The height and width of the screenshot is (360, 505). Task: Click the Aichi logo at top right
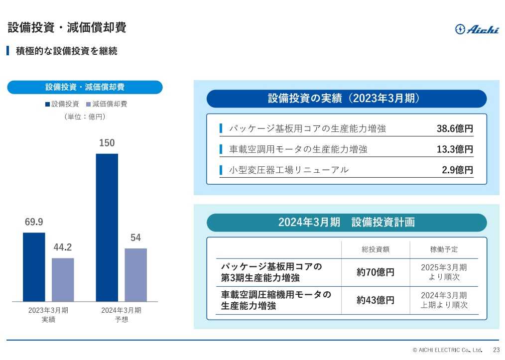[x=477, y=29]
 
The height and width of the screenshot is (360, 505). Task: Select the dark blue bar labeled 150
[x=107, y=227]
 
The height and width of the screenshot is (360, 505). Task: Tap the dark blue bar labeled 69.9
[x=34, y=267]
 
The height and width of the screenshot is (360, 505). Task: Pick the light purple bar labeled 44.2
[x=63, y=279]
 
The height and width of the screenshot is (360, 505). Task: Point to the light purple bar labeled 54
[x=136, y=275]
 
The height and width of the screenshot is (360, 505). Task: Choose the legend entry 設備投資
[x=62, y=104]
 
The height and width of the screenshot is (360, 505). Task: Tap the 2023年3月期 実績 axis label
[x=48, y=315]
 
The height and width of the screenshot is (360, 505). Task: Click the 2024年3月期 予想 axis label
[x=121, y=315]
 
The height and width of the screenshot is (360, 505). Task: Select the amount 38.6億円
[x=455, y=128]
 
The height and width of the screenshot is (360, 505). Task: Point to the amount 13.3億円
[x=455, y=149]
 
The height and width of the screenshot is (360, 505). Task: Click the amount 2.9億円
[x=457, y=170]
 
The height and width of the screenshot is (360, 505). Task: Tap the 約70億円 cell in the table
[x=376, y=272]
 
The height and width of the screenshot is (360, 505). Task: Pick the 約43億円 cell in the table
[x=376, y=300]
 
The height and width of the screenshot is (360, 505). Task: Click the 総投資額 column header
[x=376, y=249]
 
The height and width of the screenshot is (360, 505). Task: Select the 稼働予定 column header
[x=444, y=249]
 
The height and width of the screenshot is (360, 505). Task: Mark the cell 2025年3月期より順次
[x=444, y=272]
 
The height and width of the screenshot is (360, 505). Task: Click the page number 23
[x=496, y=350]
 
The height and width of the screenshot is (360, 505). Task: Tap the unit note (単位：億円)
[x=85, y=117]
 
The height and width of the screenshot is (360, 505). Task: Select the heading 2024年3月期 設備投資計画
[x=347, y=223]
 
